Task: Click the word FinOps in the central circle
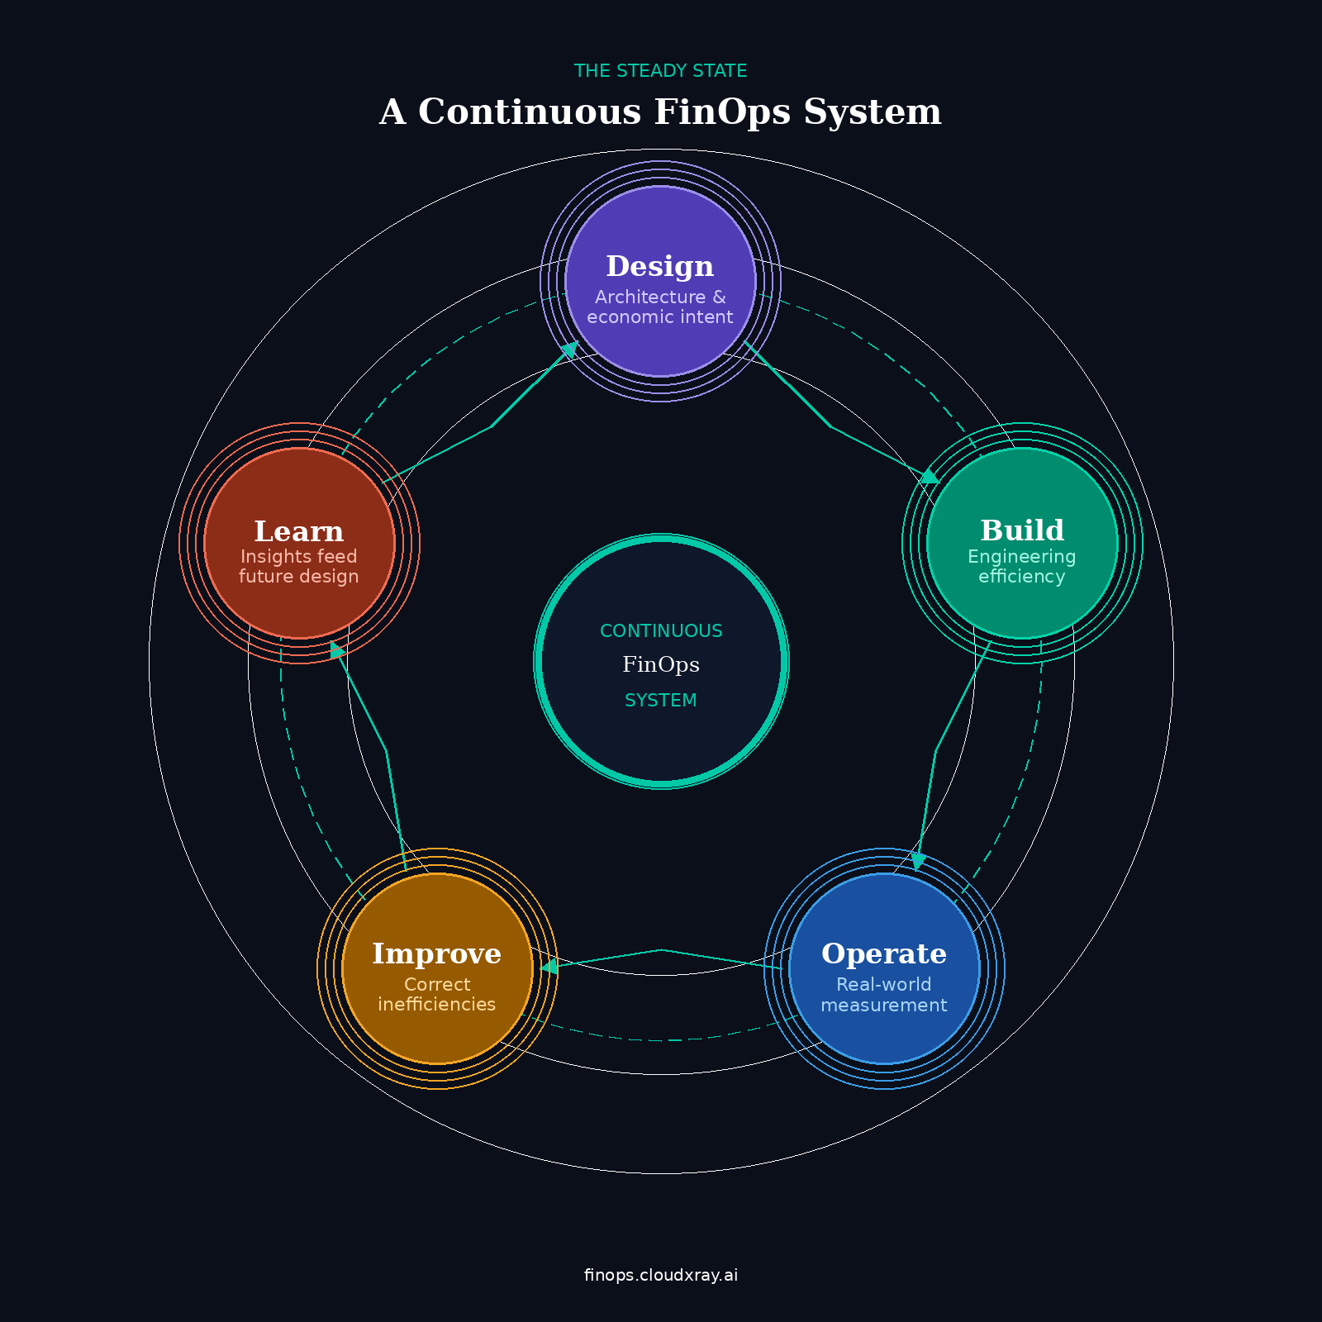[661, 665]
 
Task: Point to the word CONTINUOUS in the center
[661, 631]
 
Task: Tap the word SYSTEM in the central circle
[661, 701]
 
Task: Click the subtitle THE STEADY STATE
[661, 71]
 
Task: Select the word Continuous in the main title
[530, 112]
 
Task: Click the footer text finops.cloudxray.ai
[661, 1275]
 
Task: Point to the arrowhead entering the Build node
[930, 477]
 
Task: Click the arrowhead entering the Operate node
[918, 862]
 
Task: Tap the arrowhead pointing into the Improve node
[549, 966]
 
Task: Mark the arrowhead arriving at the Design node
[569, 350]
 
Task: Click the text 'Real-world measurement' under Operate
[884, 995]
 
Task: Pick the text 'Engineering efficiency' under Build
[1022, 567]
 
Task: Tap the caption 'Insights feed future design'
[299, 567]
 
